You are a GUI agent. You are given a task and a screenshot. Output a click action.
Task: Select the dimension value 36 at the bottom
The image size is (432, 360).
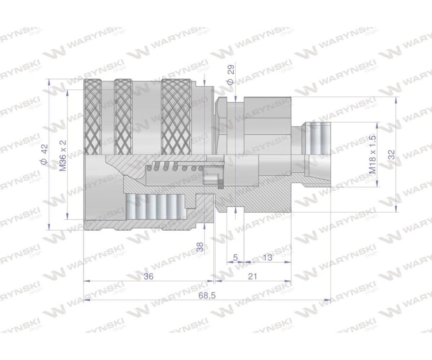point(148,276)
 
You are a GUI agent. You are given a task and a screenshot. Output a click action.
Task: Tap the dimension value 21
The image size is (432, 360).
point(253,276)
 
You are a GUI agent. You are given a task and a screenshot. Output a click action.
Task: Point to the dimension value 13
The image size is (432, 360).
point(267,258)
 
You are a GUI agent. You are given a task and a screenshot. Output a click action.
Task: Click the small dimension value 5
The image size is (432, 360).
point(235,258)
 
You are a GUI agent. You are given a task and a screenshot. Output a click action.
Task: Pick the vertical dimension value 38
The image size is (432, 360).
point(200,247)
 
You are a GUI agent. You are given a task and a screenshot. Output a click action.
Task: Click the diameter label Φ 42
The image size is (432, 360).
point(44,154)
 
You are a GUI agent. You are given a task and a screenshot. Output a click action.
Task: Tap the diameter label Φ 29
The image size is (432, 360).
point(231,75)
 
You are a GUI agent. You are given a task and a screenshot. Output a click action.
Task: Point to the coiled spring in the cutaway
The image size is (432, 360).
point(176,167)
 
